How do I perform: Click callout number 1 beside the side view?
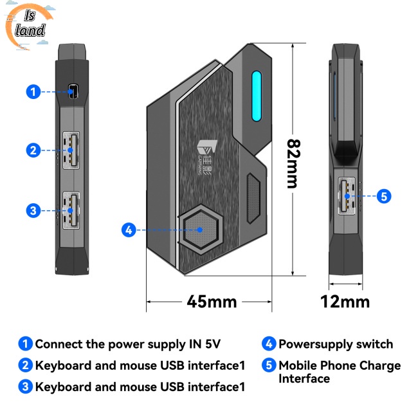tap(33, 92)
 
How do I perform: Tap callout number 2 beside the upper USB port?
tap(33, 150)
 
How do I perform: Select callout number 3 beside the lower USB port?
tap(33, 210)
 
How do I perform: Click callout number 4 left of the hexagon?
tap(129, 229)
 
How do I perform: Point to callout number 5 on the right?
tap(384, 196)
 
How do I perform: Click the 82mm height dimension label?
tap(293, 163)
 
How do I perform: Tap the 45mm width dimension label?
tap(212, 301)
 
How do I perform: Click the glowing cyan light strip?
tap(257, 96)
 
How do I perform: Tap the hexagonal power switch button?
tap(200, 229)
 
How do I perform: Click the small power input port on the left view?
tap(73, 92)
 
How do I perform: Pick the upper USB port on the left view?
tap(70, 150)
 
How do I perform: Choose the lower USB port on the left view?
tap(70, 210)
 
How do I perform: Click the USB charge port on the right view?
tap(346, 195)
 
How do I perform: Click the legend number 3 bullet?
tap(25, 386)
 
